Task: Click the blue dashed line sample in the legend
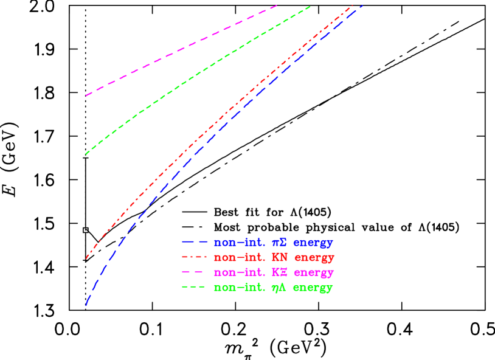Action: point(194,242)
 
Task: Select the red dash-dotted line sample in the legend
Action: point(194,257)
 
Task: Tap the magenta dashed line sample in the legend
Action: point(194,272)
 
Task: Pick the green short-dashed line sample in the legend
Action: point(194,287)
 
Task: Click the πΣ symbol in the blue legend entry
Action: point(279,242)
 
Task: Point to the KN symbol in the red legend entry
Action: point(280,257)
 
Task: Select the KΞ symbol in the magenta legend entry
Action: point(280,272)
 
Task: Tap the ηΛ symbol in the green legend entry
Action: point(279,287)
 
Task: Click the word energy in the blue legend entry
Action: point(313,243)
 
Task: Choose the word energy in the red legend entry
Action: point(314,258)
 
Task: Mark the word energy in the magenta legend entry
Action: point(314,272)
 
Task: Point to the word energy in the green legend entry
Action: point(313,288)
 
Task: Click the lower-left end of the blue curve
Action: point(86,304)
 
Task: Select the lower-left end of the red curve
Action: point(87,258)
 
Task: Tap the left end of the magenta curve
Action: point(87,95)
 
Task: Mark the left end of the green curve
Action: point(87,154)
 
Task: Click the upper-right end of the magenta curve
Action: point(277,5)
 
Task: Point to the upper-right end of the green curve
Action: point(311,6)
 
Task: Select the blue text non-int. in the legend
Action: point(240,242)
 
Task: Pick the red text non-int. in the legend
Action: point(240,257)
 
